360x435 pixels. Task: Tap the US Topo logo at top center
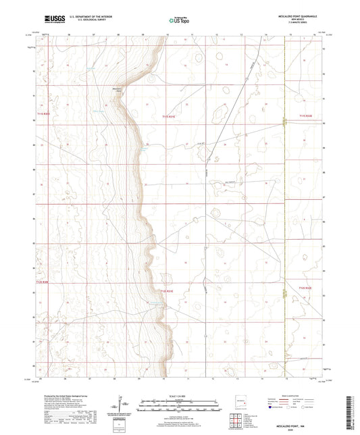[x=179, y=21]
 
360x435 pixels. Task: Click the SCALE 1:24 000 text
[x=179, y=395]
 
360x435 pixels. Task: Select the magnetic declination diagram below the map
[x=126, y=404]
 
